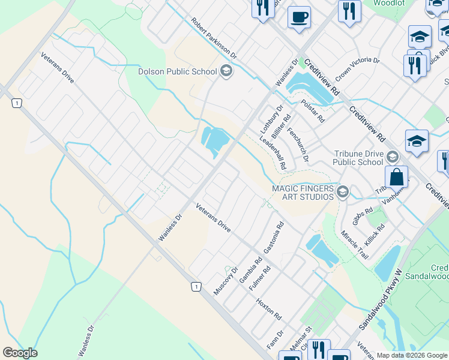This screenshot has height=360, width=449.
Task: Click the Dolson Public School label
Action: (x=178, y=72)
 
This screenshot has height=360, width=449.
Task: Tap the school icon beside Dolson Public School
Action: (x=226, y=72)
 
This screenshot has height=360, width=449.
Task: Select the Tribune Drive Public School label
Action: (x=358, y=157)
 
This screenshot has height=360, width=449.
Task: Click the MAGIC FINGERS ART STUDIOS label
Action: (x=303, y=193)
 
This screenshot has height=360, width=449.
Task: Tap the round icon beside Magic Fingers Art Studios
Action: (x=343, y=193)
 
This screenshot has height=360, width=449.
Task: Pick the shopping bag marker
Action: (x=396, y=178)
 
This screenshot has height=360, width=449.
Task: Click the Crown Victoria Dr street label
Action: (x=357, y=69)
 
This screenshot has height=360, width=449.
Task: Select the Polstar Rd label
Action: (x=313, y=111)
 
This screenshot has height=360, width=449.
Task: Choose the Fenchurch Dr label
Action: (x=297, y=145)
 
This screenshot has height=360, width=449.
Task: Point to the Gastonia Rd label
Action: (x=274, y=238)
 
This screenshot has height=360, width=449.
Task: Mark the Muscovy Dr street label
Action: (x=226, y=280)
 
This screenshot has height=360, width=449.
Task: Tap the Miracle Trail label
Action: (x=354, y=244)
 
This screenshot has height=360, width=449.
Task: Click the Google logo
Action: (x=20, y=352)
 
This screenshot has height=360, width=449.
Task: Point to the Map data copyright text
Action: (x=412, y=355)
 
